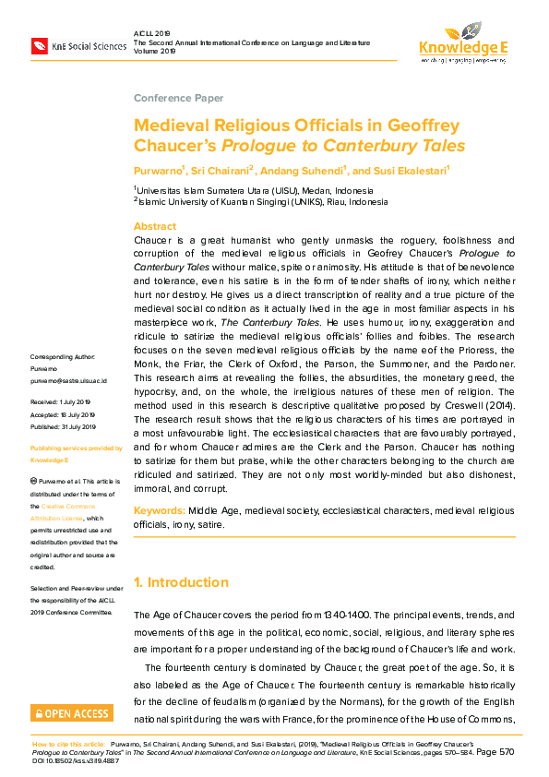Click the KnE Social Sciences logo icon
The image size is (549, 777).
point(40,44)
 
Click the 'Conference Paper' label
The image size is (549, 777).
point(178,98)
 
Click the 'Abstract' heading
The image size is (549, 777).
point(154,226)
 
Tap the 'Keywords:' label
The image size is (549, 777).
point(160,510)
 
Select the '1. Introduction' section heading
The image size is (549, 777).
point(181,582)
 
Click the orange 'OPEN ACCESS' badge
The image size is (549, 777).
point(72,712)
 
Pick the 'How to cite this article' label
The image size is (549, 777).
point(68,742)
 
